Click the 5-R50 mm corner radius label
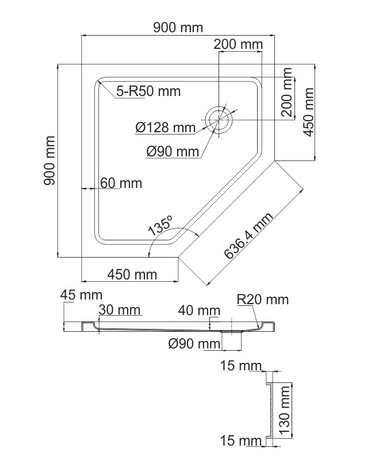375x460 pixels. pyautogui.click(x=148, y=91)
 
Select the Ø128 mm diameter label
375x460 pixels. pyautogui.click(x=166, y=128)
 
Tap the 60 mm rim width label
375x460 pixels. pyautogui.click(x=121, y=183)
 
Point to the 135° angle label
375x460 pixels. pyautogui.click(x=160, y=225)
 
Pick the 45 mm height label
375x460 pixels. pyautogui.click(x=81, y=295)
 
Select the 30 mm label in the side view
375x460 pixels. pyautogui.click(x=120, y=310)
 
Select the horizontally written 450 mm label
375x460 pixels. pyautogui.click(x=132, y=274)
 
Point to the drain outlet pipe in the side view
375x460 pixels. pyautogui.click(x=232, y=340)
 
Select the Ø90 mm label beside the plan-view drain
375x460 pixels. pyautogui.click(x=172, y=151)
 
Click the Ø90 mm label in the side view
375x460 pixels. pyautogui.click(x=194, y=344)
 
